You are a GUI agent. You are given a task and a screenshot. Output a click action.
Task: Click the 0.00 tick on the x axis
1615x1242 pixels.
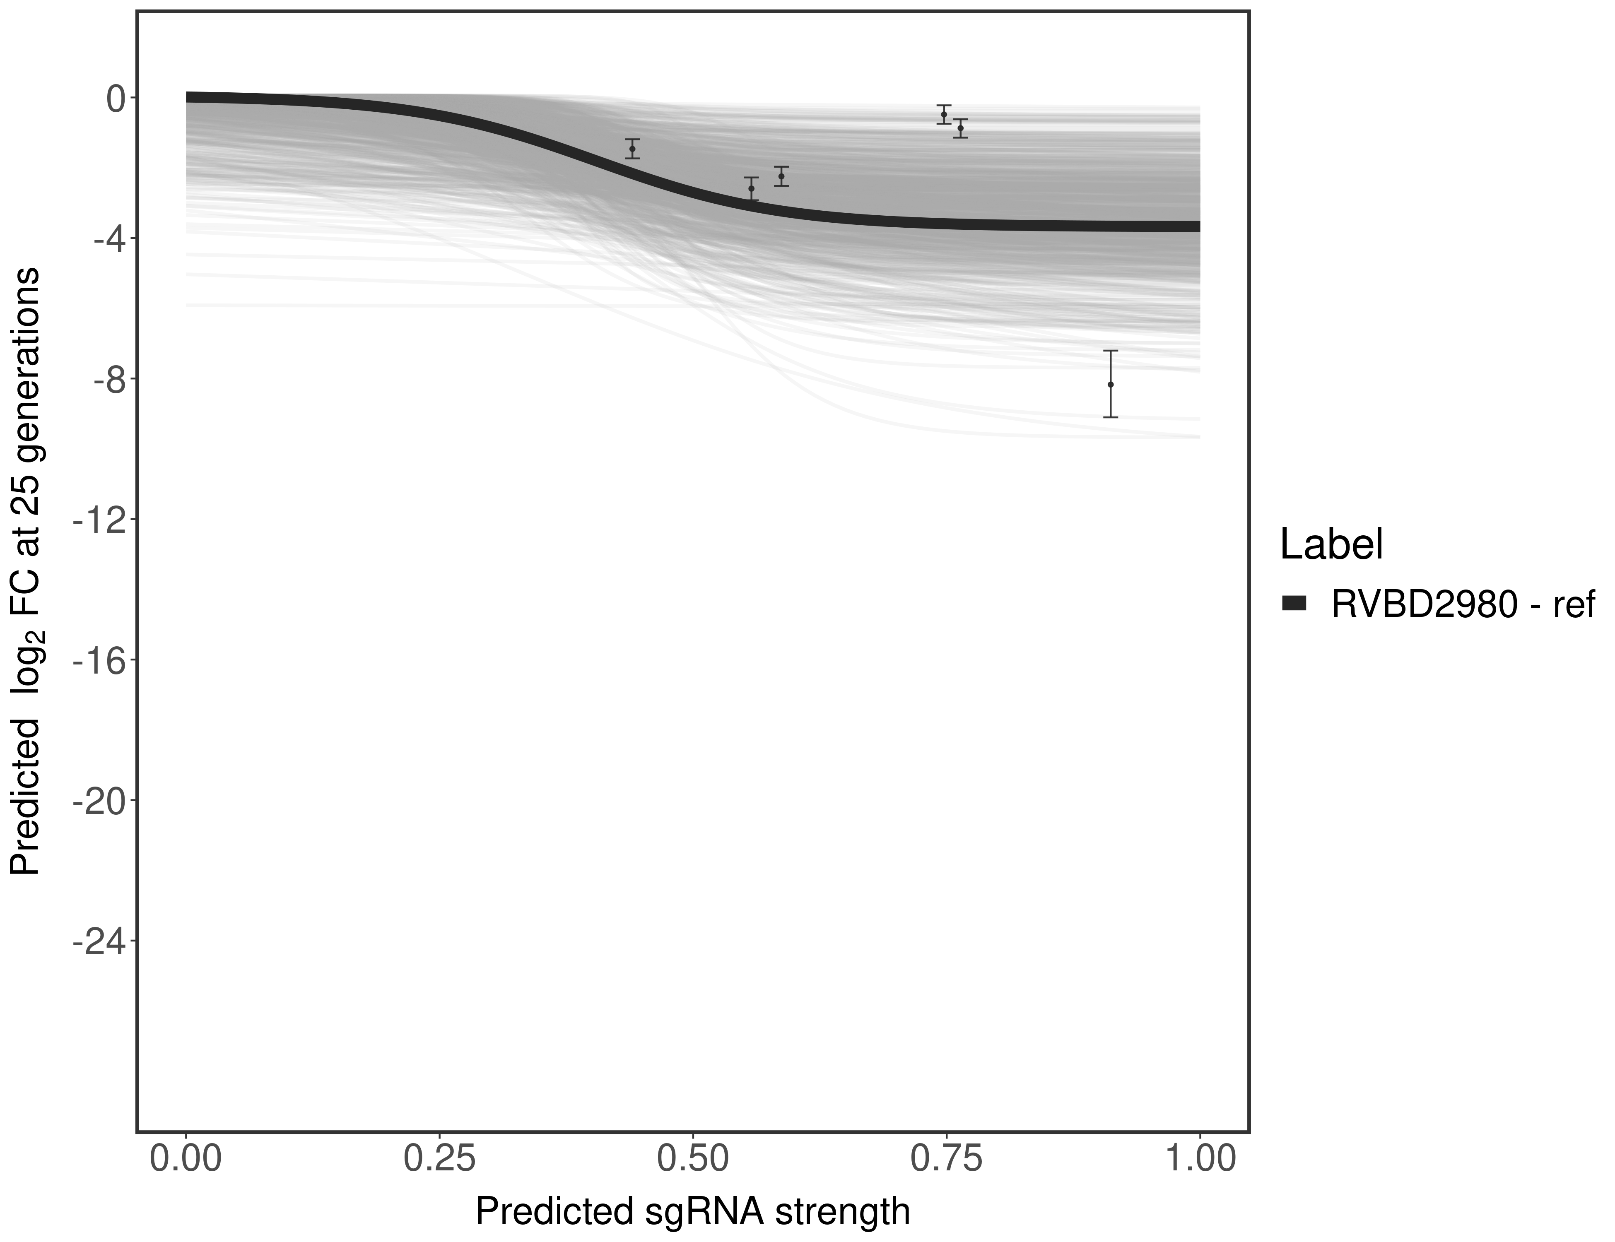(186, 1158)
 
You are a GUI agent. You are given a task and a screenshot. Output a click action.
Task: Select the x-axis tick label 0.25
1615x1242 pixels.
(439, 1158)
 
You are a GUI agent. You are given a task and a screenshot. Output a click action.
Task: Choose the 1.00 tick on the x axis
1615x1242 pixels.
(1199, 1158)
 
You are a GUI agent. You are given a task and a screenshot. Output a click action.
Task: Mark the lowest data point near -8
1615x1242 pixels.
(1110, 385)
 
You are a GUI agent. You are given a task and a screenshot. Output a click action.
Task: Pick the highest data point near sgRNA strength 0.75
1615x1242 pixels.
(944, 115)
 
